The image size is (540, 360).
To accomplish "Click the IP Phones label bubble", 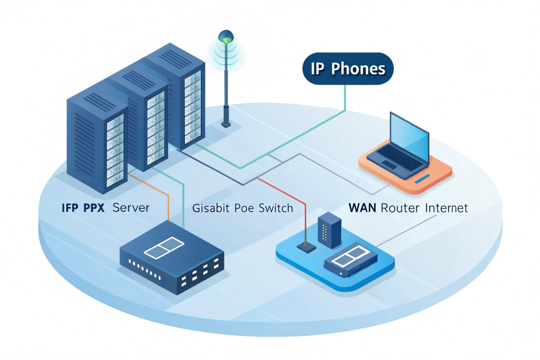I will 347,69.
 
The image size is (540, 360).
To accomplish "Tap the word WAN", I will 362,208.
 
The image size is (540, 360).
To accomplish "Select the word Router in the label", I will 400,208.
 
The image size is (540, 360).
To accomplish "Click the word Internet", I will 446,208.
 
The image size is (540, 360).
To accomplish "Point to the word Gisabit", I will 211,208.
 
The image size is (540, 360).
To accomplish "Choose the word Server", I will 131,208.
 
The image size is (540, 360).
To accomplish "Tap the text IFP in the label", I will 70,208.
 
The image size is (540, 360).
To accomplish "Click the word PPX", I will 94,208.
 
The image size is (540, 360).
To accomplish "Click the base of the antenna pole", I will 226,124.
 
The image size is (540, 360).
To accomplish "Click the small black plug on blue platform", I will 306,247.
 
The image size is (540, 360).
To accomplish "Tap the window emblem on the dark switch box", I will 164,247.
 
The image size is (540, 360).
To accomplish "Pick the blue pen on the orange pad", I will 422,178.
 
